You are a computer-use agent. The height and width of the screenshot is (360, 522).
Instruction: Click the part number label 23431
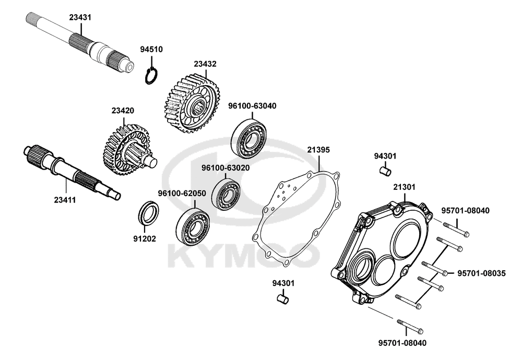point(80,17)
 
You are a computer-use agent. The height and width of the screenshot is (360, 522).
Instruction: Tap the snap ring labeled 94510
point(151,75)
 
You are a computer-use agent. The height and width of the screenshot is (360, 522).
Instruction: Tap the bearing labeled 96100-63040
point(250,136)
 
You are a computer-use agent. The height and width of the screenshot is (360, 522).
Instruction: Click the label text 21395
point(318,150)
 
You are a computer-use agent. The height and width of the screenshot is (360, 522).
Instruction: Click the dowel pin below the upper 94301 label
point(385,170)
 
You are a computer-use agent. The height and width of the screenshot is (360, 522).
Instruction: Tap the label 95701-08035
point(481,273)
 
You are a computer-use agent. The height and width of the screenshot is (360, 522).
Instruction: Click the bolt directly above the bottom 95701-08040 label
point(410,327)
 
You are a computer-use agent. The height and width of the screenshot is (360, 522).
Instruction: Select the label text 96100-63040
point(252,106)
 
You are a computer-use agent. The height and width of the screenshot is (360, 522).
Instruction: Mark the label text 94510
point(151,50)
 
